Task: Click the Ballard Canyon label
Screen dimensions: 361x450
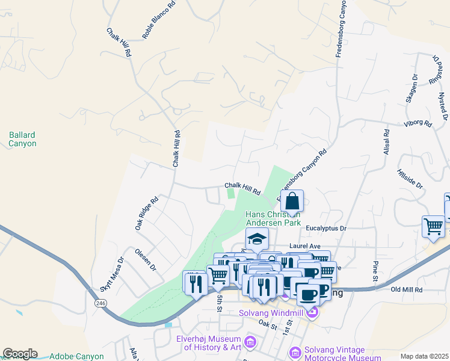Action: (x=23, y=140)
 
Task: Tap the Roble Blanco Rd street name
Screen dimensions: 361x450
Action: (x=159, y=20)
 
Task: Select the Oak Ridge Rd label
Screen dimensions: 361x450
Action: (x=146, y=213)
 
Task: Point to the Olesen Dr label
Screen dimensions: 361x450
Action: (x=145, y=259)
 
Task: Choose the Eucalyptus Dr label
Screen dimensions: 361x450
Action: (x=327, y=229)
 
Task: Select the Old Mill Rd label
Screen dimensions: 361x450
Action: (x=407, y=290)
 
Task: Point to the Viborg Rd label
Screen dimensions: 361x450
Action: (x=419, y=124)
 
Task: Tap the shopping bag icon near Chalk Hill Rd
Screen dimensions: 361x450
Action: (x=292, y=201)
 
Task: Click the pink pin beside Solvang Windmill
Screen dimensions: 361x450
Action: (x=312, y=312)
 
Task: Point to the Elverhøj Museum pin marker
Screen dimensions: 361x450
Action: (x=250, y=342)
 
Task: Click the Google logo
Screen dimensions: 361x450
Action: (x=20, y=354)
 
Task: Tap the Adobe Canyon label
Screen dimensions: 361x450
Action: (x=76, y=356)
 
